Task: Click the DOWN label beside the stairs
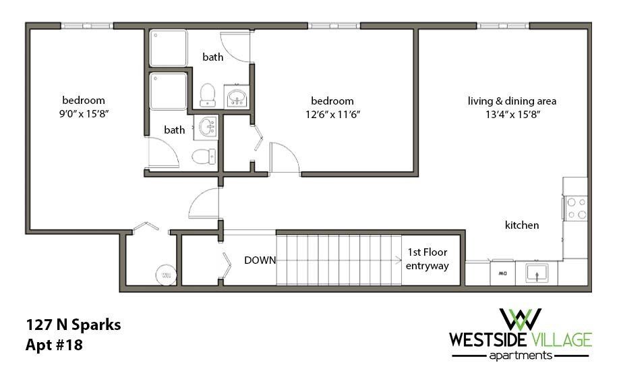[x=260, y=260]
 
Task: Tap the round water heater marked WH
[x=165, y=275]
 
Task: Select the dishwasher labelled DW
[x=502, y=273]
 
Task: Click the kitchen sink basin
[x=538, y=273]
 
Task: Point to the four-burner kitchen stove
[x=575, y=207]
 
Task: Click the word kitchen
[x=522, y=225]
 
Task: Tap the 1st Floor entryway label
[x=428, y=259]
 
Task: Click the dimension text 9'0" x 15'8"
[x=84, y=114]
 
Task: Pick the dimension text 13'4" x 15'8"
[x=512, y=114]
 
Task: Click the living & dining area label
[x=512, y=101]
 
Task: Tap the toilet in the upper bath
[x=208, y=95]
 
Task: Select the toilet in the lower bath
[x=202, y=157]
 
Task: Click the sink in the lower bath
[x=206, y=127]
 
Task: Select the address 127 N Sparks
[x=73, y=325]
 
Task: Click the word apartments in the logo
[x=520, y=355]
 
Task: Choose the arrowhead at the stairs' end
[x=399, y=260]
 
